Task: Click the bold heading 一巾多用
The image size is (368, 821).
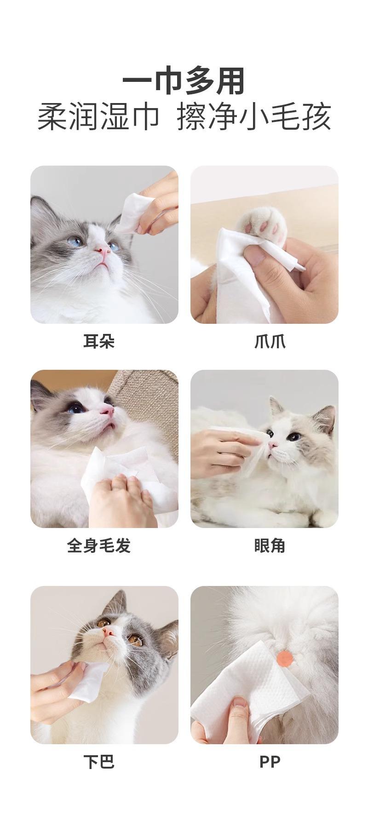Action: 184,82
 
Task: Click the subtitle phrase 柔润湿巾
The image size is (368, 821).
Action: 98,117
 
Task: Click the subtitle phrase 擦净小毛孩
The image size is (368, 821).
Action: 254,117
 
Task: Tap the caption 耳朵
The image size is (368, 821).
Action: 98,341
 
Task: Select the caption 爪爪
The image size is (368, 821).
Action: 270,341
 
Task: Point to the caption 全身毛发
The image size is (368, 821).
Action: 98,545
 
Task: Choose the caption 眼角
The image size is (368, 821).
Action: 270,545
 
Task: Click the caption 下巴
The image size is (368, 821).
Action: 98,762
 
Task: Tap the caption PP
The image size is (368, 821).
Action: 270,762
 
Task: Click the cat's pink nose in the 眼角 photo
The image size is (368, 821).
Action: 273,445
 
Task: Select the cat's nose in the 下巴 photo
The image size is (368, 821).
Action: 109,632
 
